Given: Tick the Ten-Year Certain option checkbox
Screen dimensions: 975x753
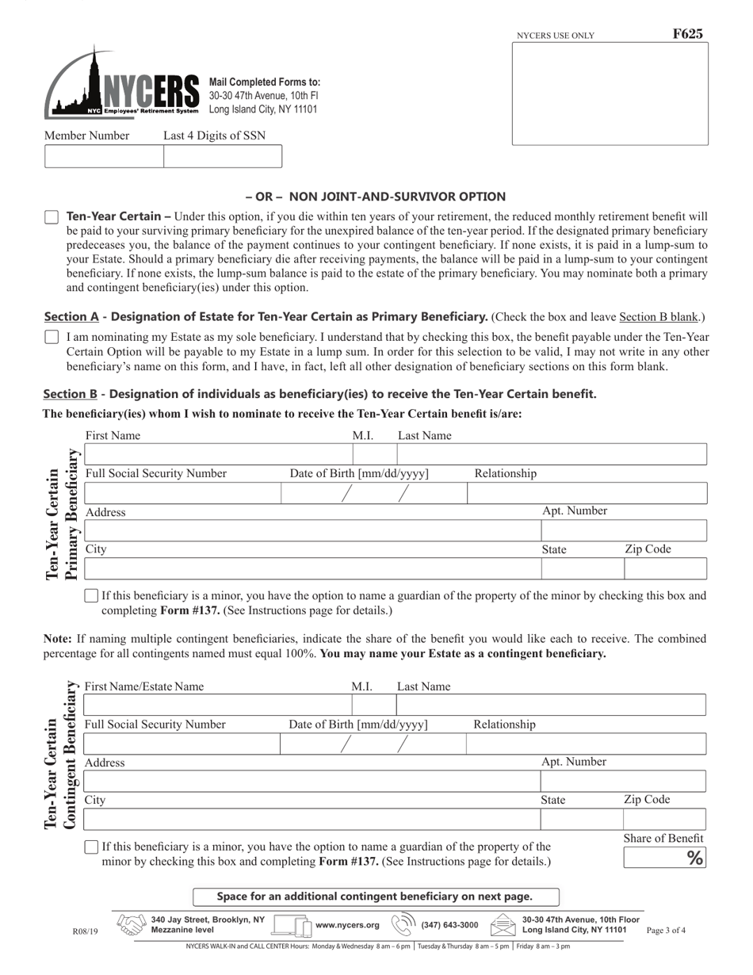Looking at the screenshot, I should click(x=52, y=217).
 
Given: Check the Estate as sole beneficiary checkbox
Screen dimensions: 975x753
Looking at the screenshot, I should click(x=52, y=337).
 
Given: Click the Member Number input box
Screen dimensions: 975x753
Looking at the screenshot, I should click(x=104, y=157).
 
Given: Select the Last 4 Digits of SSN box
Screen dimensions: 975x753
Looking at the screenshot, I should click(x=222, y=157).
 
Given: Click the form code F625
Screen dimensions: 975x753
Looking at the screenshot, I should click(x=687, y=34).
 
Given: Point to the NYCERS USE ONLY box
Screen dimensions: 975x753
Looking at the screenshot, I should click(x=610, y=94).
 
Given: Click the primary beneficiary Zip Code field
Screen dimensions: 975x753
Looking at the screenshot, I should click(x=664, y=569).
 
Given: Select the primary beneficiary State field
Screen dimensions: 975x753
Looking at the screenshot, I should click(x=582, y=569).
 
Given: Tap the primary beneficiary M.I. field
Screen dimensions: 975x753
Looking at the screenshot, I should click(x=374, y=455).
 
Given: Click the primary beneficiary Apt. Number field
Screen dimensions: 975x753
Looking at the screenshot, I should click(x=623, y=530).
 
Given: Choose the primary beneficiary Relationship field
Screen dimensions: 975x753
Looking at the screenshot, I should click(x=586, y=493).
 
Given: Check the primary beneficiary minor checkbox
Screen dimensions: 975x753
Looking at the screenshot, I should click(x=91, y=596).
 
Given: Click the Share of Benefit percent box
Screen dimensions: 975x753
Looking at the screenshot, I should click(x=663, y=858).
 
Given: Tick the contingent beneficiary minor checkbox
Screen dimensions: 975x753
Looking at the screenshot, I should click(x=91, y=847).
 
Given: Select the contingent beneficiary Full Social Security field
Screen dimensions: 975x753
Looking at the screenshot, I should click(x=182, y=744).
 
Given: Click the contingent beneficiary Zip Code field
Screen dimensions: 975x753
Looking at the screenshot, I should click(x=663, y=820).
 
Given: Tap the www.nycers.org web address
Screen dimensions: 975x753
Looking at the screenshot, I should click(x=347, y=925).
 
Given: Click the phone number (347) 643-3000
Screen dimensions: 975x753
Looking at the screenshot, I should click(x=449, y=925).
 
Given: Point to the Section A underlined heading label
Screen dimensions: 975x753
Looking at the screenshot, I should click(x=71, y=317).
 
